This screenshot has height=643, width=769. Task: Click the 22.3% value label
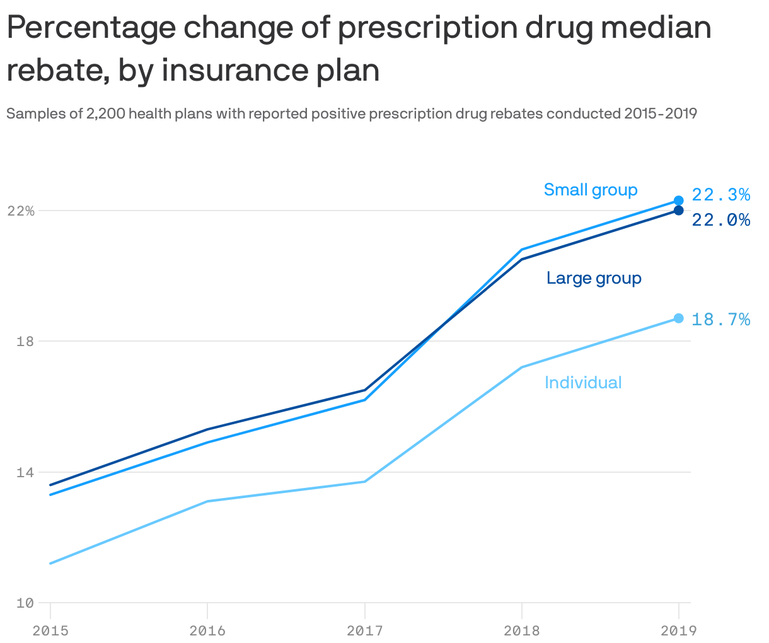[720, 195]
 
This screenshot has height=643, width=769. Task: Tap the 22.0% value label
[720, 220]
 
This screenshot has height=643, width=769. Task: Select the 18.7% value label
[720, 320]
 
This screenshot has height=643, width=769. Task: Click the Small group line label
[590, 190]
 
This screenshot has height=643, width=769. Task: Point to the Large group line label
[594, 278]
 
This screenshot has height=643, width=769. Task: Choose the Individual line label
[583, 383]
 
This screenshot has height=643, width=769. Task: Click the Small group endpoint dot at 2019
[678, 200]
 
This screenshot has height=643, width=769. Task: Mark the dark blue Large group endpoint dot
[678, 211]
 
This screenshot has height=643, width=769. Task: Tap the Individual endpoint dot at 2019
[678, 318]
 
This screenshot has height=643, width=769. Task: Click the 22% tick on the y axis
[20, 211]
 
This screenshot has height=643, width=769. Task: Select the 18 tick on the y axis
[25, 341]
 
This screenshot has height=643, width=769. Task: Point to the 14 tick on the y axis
[25, 472]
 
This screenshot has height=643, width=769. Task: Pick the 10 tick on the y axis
[25, 603]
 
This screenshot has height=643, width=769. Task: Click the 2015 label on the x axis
[50, 630]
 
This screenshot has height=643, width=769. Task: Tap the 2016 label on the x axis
[207, 630]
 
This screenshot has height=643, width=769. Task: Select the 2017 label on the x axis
[364, 630]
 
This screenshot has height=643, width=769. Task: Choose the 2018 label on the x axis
[521, 630]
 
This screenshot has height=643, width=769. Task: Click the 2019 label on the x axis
[678, 630]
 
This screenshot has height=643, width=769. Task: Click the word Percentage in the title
[90, 29]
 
